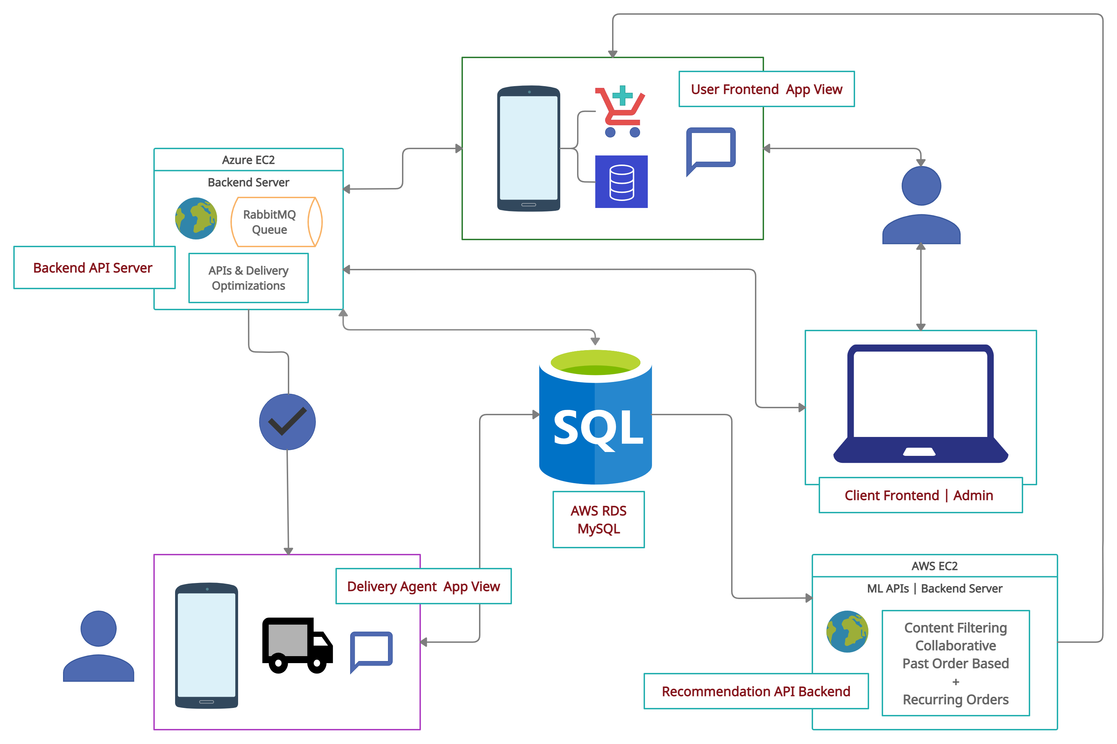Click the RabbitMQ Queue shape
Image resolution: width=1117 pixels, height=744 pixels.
[276, 222]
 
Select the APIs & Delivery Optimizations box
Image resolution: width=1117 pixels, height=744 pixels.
[248, 278]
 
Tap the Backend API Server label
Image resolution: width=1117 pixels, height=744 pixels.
[94, 267]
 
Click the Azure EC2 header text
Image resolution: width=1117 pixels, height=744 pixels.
[248, 160]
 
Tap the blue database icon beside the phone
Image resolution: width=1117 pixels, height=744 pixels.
[621, 182]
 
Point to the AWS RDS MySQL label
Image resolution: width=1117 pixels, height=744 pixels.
[598, 520]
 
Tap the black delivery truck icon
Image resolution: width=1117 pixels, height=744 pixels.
[298, 645]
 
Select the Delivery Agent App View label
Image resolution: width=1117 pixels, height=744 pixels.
[423, 586]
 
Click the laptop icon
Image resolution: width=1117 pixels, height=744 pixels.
[920, 403]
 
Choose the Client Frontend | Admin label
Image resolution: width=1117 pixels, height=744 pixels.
[920, 495]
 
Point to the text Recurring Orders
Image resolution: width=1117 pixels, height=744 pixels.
[955, 700]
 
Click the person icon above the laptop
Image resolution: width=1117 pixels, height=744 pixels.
[921, 205]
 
